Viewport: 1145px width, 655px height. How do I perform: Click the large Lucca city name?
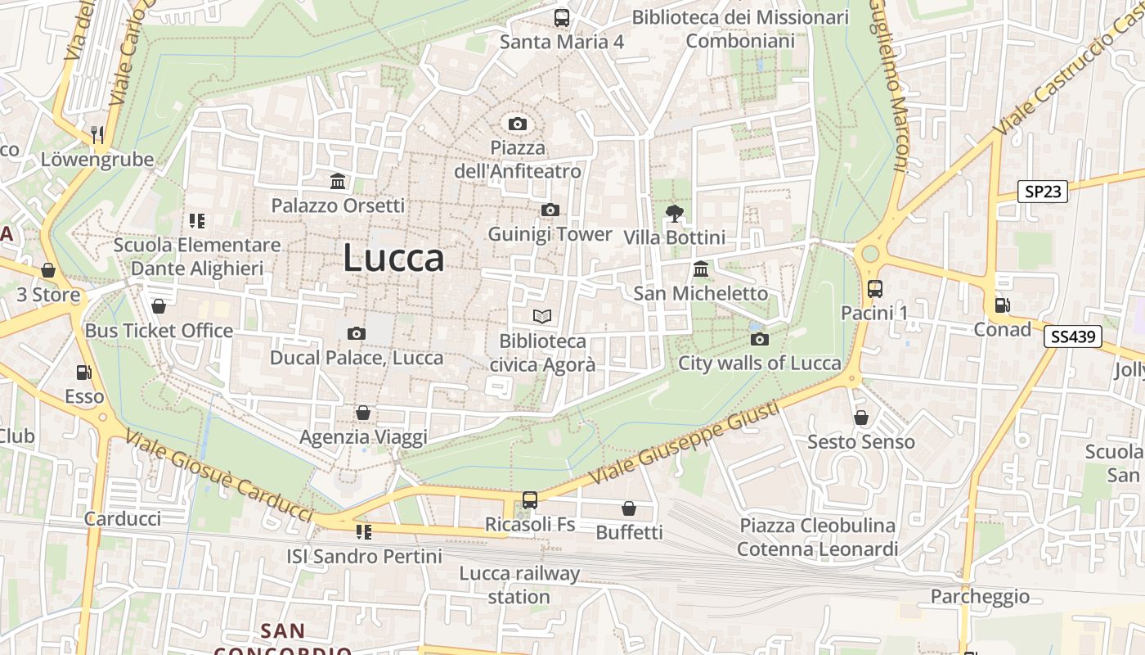(393, 258)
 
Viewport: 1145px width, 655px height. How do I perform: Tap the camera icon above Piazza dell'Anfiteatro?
(517, 124)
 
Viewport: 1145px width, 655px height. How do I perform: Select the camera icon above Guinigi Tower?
(550, 210)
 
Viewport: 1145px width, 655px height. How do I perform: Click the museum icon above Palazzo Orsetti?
(338, 181)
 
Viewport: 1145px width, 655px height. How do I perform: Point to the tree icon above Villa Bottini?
(675, 214)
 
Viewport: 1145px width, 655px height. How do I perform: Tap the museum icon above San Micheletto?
(701, 269)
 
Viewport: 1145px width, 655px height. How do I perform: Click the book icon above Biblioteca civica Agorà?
(542, 316)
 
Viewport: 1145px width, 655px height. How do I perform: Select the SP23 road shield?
(1044, 192)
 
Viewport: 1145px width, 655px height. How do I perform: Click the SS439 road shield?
(1072, 336)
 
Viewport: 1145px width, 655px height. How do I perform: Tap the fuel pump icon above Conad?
(1002, 305)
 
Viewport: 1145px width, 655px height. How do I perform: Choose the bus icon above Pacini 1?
(875, 288)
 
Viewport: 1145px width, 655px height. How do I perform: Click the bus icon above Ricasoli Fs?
(530, 499)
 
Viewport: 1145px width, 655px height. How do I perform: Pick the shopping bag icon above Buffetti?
(629, 508)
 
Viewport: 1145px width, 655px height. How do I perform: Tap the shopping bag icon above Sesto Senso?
(861, 418)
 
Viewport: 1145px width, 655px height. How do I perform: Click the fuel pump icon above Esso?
(83, 373)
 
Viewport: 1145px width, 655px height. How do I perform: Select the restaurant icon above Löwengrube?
(97, 135)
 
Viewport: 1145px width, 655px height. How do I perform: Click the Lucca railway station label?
(519, 585)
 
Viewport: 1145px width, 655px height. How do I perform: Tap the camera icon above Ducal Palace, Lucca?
(356, 333)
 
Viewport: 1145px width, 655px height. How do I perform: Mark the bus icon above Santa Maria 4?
(562, 17)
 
